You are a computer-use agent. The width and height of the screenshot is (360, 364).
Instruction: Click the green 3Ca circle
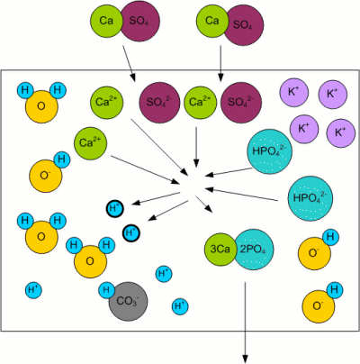coord(220,249)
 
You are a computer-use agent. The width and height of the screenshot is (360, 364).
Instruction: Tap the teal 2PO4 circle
coord(254,250)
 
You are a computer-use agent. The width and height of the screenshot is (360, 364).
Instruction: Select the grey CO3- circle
coord(128,301)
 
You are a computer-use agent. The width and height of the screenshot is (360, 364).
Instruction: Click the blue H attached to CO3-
coord(106,290)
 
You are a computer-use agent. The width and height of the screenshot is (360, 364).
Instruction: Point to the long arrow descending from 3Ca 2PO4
coord(245,323)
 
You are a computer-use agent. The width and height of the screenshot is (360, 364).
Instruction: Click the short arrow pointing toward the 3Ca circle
coord(204,205)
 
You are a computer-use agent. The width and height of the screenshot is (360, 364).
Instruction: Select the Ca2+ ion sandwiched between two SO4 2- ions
coord(200,103)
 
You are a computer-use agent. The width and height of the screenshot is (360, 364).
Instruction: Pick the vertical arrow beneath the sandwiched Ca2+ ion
coord(196,147)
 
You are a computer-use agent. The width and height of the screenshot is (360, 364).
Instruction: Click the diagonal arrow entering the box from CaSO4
coord(129,63)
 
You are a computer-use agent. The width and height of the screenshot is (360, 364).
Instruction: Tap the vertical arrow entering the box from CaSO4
coord(220,63)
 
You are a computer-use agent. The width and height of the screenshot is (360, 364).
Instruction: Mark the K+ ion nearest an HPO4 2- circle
coord(304,129)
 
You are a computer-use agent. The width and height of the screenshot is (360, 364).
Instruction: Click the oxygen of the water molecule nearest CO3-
coord(90,261)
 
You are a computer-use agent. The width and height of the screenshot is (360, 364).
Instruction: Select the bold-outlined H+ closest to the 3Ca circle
coord(131,232)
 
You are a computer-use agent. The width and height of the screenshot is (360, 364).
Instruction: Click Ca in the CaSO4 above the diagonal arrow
coord(106,21)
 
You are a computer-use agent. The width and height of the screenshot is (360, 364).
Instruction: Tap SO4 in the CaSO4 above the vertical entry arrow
coord(243,25)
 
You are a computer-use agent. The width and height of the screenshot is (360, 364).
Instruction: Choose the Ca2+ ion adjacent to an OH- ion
coord(91,143)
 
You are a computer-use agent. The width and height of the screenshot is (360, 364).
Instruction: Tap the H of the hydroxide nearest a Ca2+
coord(62,159)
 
